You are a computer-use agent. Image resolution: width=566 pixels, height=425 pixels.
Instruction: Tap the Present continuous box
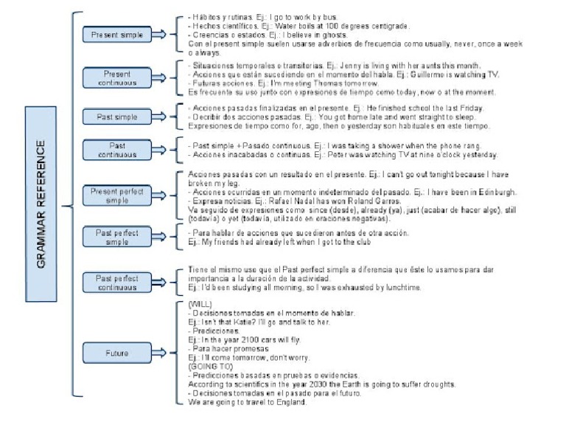click(116, 77)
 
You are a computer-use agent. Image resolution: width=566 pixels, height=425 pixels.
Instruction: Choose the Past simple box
click(116, 117)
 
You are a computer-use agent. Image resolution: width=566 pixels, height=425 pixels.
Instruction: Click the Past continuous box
click(116, 151)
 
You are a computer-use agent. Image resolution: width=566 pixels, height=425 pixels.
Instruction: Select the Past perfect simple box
click(116, 237)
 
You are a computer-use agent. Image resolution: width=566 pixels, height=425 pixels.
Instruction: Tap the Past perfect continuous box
click(116, 283)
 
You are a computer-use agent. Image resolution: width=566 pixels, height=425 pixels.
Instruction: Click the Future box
click(116, 353)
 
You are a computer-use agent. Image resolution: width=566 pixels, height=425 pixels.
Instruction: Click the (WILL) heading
click(200, 304)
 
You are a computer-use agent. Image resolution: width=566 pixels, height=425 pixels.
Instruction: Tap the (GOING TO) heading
click(208, 366)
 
